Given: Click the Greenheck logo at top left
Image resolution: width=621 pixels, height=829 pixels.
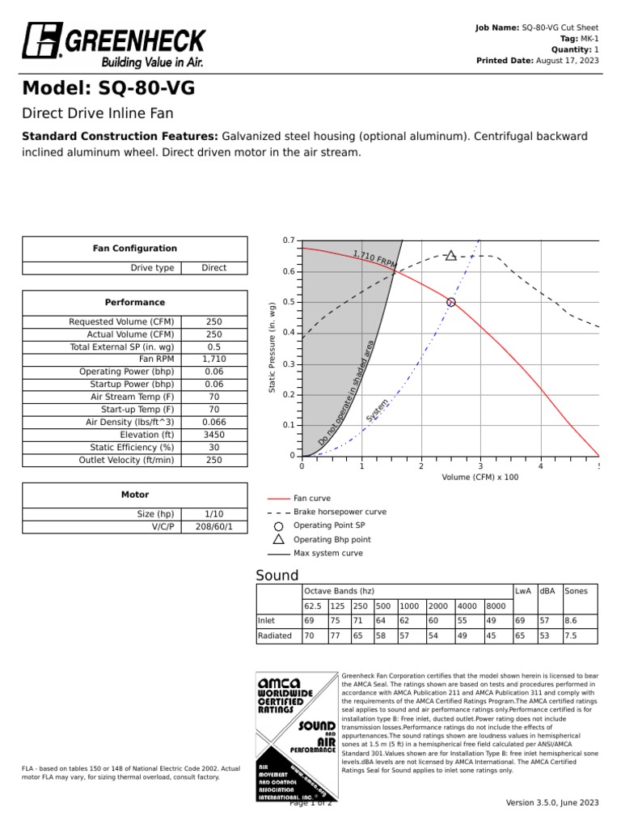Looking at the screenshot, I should (113, 44).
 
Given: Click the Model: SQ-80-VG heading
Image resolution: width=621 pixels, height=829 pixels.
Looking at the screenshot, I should (108, 88).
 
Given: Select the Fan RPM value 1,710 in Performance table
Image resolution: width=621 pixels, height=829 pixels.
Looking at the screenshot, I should (213, 358).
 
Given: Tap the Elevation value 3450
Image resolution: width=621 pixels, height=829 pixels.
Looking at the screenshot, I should (213, 434).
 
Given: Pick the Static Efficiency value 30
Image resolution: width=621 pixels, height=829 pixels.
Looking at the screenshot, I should (213, 447).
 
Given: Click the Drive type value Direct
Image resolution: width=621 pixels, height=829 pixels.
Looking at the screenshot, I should (213, 268).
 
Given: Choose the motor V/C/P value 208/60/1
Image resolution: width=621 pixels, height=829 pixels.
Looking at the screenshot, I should (213, 526).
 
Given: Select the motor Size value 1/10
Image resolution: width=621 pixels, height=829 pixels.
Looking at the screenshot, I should (213, 514).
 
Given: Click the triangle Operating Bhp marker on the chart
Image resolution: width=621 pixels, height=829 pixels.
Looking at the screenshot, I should (450, 256).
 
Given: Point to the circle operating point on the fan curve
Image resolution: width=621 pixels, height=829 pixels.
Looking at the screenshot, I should (451, 302).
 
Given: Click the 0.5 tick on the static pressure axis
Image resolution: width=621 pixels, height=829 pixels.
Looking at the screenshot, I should (289, 302).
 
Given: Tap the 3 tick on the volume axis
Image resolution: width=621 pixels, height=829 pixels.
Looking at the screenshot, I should (480, 466).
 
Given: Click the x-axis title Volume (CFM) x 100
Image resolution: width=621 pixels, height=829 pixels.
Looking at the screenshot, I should (479, 478).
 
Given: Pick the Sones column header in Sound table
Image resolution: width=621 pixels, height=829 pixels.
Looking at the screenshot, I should (577, 591).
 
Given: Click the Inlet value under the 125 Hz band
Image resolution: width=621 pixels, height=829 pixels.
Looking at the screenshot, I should (337, 620).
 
